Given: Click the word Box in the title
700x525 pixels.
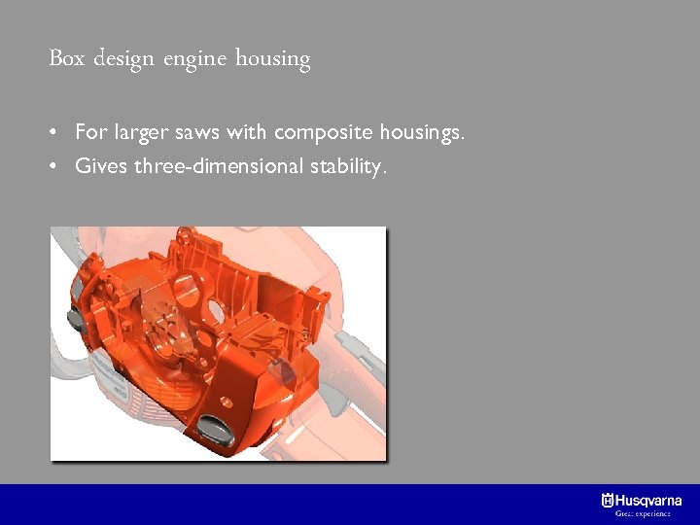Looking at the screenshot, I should (x=66, y=58).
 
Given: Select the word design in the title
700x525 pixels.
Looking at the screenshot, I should (x=125, y=60).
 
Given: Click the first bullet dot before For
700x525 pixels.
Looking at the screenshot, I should (x=60, y=132).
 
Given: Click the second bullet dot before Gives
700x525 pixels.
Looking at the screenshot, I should (x=60, y=166).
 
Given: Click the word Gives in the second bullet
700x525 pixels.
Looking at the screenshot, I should (x=101, y=166).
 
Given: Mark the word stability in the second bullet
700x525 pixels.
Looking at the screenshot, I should (x=347, y=167).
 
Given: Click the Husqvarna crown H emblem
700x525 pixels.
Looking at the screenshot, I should (x=608, y=500).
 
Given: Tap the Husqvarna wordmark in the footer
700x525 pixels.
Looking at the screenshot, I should (x=648, y=500).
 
